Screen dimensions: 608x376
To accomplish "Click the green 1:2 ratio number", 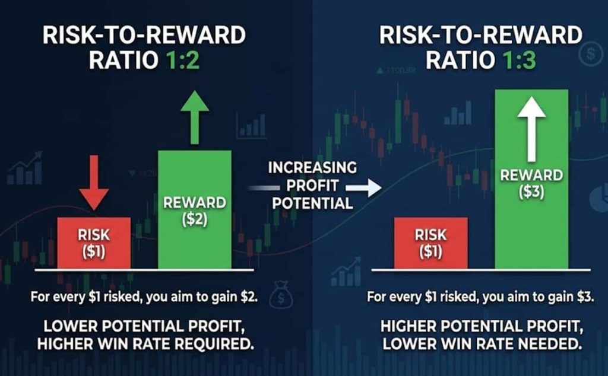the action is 183,60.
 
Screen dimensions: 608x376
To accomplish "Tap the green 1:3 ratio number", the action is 520,60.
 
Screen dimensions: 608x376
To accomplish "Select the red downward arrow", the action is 94,183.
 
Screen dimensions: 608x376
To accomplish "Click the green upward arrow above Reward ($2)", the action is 195,117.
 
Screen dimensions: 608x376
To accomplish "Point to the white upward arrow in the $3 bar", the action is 531,129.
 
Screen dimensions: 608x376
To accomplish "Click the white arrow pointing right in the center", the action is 363,188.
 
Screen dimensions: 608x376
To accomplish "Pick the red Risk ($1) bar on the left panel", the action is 94,243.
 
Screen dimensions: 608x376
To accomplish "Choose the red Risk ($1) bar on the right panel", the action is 431,243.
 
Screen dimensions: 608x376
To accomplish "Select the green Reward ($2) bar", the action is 195,209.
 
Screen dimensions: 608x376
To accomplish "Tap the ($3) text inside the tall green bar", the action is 531,193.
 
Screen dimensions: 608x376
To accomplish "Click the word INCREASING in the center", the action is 312,168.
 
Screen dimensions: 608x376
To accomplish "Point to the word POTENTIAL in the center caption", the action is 312,203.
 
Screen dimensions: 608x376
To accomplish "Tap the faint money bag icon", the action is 280,295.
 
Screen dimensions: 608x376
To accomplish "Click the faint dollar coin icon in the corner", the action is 591,54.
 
